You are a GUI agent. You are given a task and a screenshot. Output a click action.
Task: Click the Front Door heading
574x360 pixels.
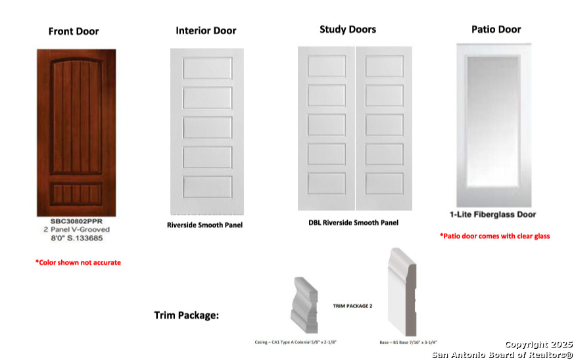[74, 32]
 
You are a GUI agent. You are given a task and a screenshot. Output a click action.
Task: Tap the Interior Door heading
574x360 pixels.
[206, 31]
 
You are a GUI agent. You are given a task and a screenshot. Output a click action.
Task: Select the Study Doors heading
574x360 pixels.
[348, 30]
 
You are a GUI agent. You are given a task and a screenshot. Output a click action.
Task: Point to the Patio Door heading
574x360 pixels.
[496, 30]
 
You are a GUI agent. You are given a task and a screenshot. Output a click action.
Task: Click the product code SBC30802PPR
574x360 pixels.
[76, 221]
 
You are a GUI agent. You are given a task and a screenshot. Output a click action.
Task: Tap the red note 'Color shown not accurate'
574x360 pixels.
[78, 262]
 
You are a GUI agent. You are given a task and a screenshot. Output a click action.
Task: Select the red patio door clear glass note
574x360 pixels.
[494, 236]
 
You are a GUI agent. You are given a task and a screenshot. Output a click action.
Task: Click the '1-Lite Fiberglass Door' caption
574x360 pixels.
[492, 215]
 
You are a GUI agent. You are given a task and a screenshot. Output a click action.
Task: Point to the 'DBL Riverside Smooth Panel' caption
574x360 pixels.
[353, 223]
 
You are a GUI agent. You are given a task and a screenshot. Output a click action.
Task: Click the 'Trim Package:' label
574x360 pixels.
[186, 315]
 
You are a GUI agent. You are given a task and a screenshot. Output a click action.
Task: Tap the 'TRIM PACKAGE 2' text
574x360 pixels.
[352, 306]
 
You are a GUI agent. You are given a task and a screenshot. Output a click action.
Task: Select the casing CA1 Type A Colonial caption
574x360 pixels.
[295, 342]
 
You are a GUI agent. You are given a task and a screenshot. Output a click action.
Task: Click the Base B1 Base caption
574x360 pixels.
[408, 343]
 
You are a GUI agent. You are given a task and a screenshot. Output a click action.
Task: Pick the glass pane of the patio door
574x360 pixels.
[492, 121]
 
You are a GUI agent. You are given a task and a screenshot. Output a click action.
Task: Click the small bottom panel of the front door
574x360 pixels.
[76, 194]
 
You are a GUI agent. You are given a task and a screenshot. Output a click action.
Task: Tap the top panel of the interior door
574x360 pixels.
[208, 68]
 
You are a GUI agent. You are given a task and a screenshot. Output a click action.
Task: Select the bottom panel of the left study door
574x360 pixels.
[326, 184]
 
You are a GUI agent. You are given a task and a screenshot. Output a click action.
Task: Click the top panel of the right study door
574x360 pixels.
[384, 66]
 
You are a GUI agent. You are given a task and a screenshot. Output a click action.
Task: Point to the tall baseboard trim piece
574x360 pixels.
[402, 292]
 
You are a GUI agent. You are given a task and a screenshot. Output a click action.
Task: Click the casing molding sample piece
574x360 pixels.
[304, 305]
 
